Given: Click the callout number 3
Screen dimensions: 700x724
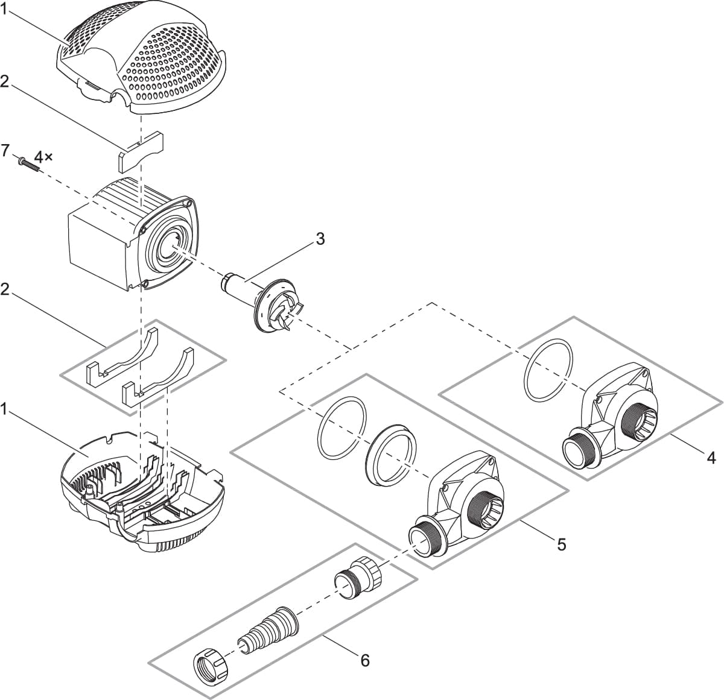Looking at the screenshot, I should coord(320,239).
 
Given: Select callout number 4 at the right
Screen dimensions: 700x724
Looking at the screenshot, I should coord(711,458).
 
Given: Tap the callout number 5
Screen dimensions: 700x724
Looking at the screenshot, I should coord(561,545).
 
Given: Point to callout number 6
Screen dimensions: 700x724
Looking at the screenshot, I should coord(364,661).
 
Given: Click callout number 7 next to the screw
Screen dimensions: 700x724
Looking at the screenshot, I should coord(5,150).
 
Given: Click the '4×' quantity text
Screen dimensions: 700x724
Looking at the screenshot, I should coord(43,157).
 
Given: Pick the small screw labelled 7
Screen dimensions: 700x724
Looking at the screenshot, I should coord(28,165).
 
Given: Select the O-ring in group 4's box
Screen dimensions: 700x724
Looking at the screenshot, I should coord(548,370).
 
